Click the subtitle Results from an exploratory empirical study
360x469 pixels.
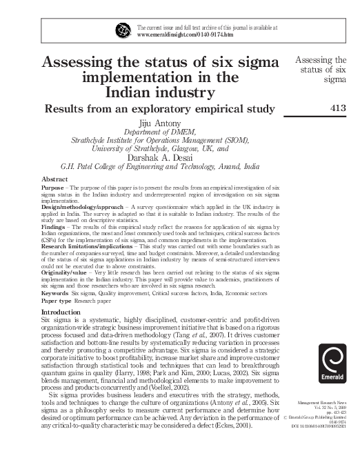click(160, 108)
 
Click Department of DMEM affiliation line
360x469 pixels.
click(160, 131)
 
